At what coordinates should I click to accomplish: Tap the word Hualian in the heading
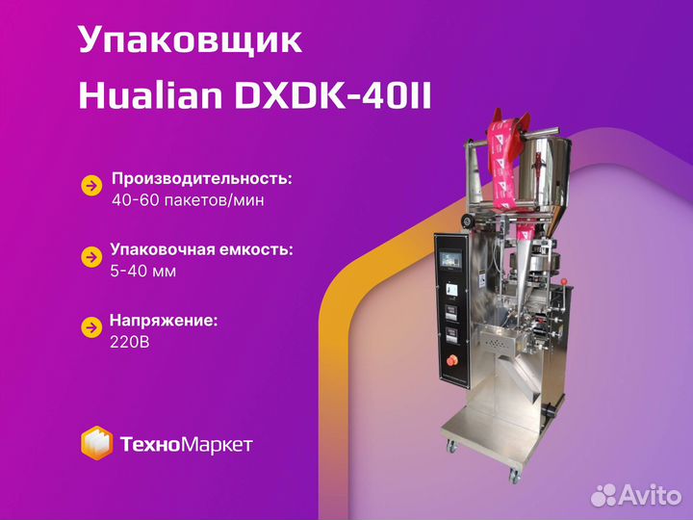(150, 96)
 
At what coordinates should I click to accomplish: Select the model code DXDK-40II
(333, 96)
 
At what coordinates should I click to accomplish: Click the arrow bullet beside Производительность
(92, 186)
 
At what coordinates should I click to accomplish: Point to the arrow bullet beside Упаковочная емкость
(92, 257)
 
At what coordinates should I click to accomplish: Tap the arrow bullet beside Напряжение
(92, 327)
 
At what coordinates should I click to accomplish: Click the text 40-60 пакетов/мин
(188, 200)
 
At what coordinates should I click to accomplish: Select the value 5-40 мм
(143, 271)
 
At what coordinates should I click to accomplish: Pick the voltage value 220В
(130, 342)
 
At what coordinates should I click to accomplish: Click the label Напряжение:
(164, 321)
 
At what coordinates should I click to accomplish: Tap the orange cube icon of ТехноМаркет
(96, 443)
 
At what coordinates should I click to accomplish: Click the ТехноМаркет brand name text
(186, 444)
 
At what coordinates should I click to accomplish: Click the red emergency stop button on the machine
(451, 361)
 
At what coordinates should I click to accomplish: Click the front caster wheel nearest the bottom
(513, 476)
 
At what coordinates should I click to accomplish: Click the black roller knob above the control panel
(466, 221)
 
